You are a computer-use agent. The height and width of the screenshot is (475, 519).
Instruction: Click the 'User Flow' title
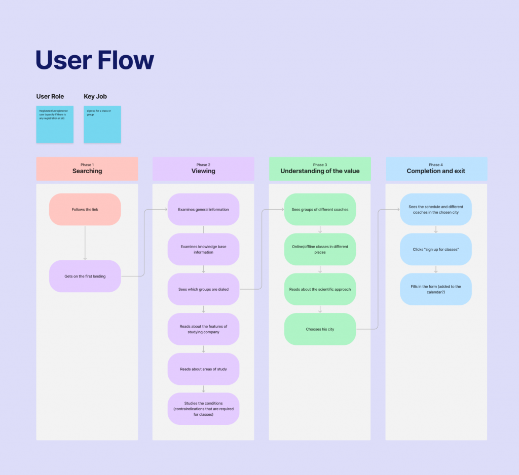95,60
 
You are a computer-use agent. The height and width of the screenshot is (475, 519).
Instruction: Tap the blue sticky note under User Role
55,124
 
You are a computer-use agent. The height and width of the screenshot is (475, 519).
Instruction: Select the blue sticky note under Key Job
102,124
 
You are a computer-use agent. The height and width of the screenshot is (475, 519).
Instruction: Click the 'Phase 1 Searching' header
87,169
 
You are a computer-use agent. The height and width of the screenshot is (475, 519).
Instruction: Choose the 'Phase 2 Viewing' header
203,169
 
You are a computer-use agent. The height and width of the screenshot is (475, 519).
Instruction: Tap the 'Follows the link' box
85,209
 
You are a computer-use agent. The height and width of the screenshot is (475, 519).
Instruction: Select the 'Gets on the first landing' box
85,276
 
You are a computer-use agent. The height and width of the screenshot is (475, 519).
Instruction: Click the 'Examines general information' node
203,209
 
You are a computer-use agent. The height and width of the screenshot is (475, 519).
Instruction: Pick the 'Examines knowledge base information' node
203,249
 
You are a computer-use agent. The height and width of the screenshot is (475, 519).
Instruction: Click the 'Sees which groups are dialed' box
203,289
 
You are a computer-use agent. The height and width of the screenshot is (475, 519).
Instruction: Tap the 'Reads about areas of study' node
203,369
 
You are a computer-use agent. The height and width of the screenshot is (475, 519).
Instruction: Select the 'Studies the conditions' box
203,409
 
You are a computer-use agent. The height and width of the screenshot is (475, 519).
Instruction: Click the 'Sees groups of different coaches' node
320,209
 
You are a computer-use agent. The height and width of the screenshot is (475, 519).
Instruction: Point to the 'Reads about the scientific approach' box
320,289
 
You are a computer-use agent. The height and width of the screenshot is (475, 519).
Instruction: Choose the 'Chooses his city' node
320,329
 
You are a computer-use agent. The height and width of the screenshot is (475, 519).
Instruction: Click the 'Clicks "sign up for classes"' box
436,249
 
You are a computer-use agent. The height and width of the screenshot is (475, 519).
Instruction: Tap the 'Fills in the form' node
436,289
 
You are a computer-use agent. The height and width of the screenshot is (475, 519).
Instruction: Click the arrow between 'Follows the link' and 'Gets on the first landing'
85,243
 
